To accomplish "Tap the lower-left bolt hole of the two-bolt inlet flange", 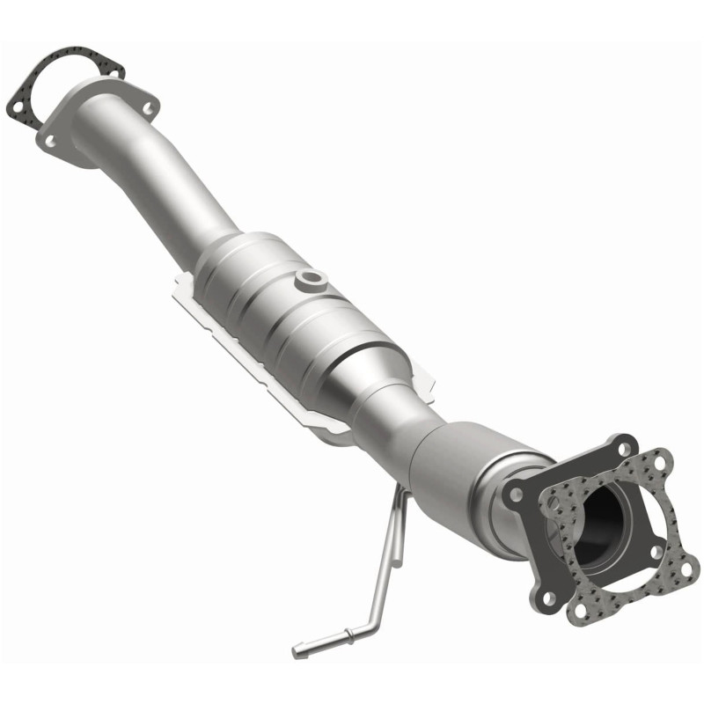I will click(49, 140).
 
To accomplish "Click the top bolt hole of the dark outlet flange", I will click(624, 449).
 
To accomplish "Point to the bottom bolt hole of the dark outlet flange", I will click(548, 598).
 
